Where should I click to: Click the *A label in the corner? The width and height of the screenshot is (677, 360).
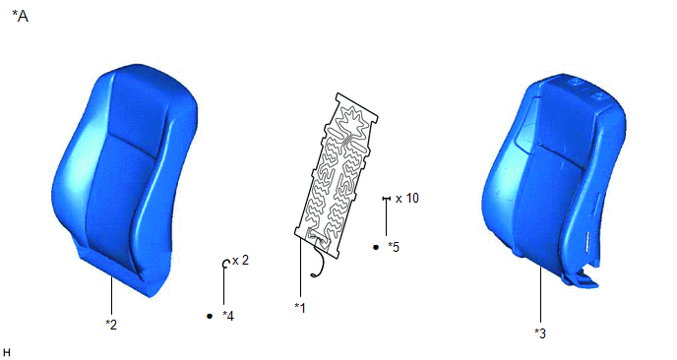click(x=20, y=17)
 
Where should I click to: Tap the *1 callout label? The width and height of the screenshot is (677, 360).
click(x=300, y=308)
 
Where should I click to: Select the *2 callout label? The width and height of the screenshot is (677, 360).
click(x=111, y=325)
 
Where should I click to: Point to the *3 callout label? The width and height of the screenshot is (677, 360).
click(x=540, y=333)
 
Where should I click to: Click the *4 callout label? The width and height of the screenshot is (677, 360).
click(x=228, y=316)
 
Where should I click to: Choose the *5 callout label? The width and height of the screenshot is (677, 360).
click(x=394, y=247)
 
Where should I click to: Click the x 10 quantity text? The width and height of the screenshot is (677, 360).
click(x=407, y=198)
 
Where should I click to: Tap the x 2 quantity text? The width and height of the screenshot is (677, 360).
click(x=240, y=261)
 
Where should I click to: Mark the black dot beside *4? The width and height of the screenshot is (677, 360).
click(x=210, y=316)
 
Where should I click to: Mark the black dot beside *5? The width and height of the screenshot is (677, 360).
click(x=376, y=247)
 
